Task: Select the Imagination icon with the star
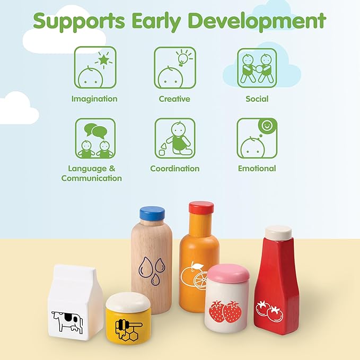(x=94, y=67)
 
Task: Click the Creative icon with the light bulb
(x=174, y=67)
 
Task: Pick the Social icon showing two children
(x=257, y=67)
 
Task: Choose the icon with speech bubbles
(x=94, y=138)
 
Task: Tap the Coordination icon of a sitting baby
(x=174, y=138)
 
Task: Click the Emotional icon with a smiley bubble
(x=257, y=138)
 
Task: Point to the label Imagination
(x=94, y=99)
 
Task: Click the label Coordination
(x=174, y=169)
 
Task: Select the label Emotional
(x=257, y=169)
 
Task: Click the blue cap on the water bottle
(x=152, y=213)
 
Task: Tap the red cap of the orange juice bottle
(x=201, y=208)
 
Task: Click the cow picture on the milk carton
(x=67, y=321)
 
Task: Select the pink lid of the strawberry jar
(x=228, y=273)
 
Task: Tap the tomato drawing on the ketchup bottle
(x=269, y=310)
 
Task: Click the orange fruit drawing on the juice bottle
(x=195, y=276)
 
